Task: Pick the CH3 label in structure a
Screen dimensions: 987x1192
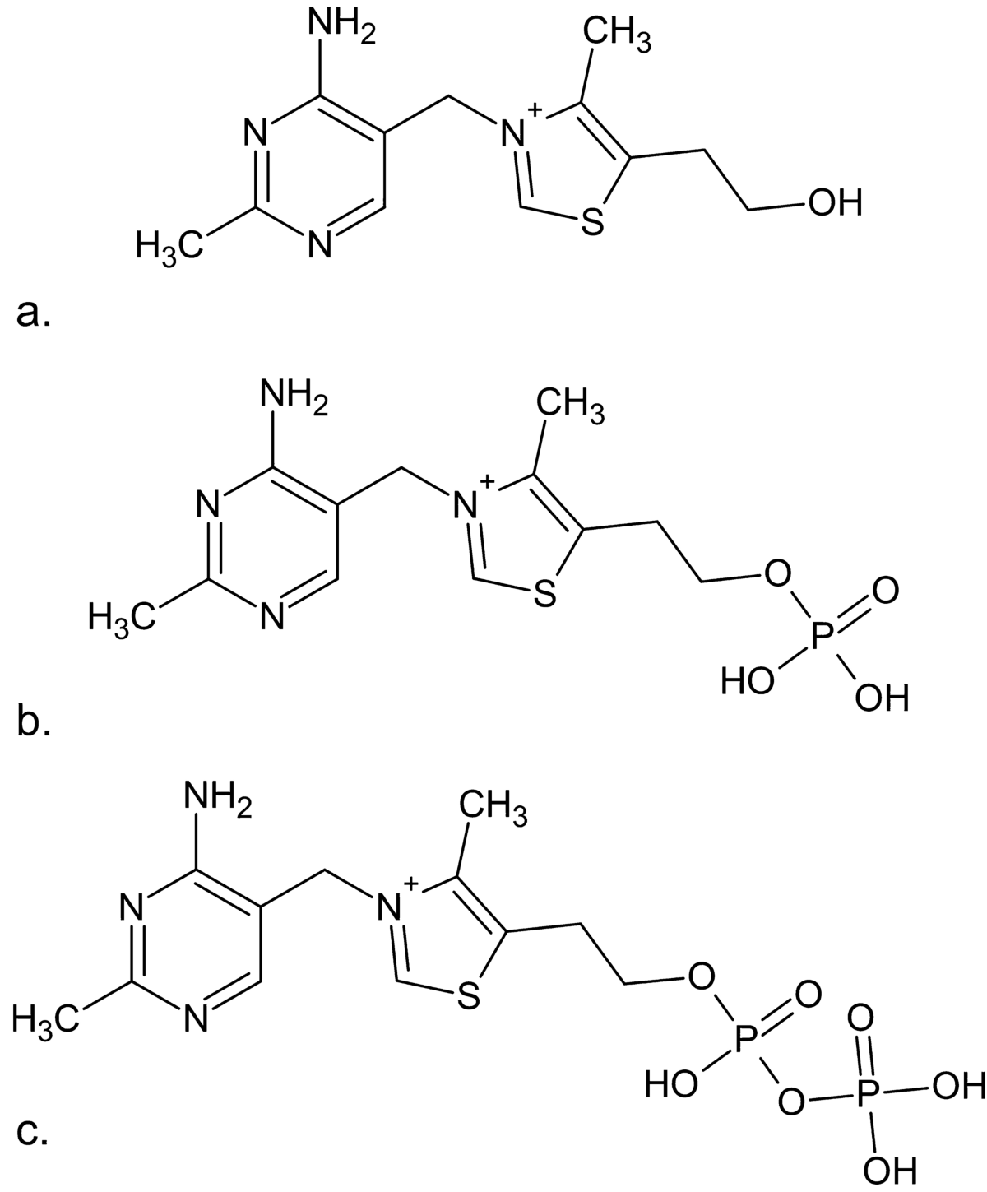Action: tap(617, 35)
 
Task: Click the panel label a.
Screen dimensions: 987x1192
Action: tap(34, 313)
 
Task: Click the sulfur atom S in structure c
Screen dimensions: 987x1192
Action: tap(468, 998)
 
